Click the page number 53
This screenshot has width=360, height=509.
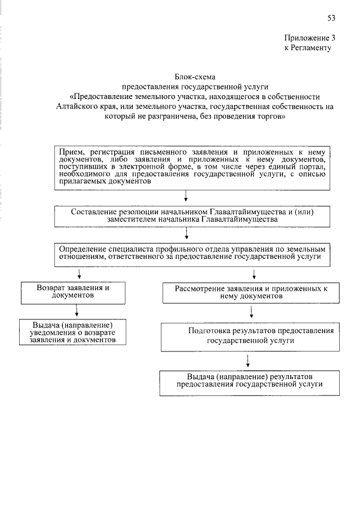click(331, 18)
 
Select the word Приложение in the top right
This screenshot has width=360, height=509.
click(304, 38)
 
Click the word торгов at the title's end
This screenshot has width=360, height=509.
click(271, 117)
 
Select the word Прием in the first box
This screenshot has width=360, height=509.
click(71, 152)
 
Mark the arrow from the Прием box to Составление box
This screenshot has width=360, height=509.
click(186, 196)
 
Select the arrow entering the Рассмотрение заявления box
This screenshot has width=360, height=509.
click(255, 274)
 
